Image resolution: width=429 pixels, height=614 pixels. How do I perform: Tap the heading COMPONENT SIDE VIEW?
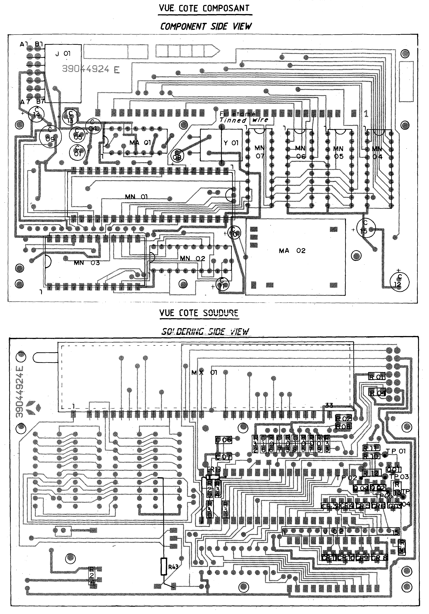206,26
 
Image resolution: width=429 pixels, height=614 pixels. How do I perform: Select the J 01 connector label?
63,54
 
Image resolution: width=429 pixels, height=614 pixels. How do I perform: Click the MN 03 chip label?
87,263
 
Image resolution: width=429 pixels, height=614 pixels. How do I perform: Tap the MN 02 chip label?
192,258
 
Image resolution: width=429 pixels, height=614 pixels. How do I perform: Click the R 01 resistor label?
377,377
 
